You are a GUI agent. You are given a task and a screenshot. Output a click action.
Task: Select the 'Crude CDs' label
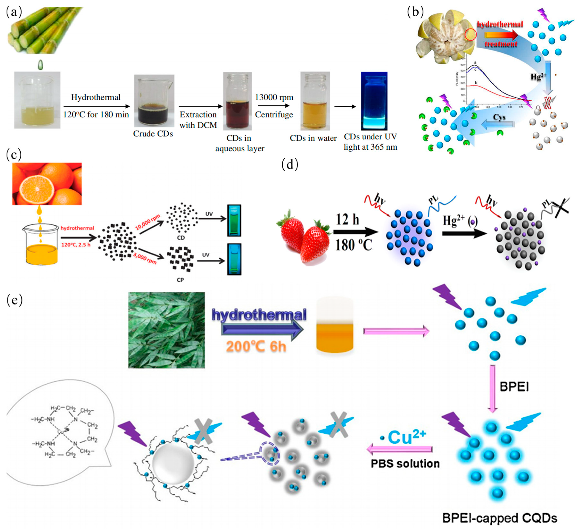[153, 134]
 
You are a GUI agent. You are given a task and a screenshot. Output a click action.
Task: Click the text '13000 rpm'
[274, 97]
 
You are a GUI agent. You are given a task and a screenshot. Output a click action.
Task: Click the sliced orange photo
[47, 184]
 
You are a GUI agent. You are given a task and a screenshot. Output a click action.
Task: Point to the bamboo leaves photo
[167, 330]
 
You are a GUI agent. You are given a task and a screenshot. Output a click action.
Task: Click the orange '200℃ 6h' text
[256, 346]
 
